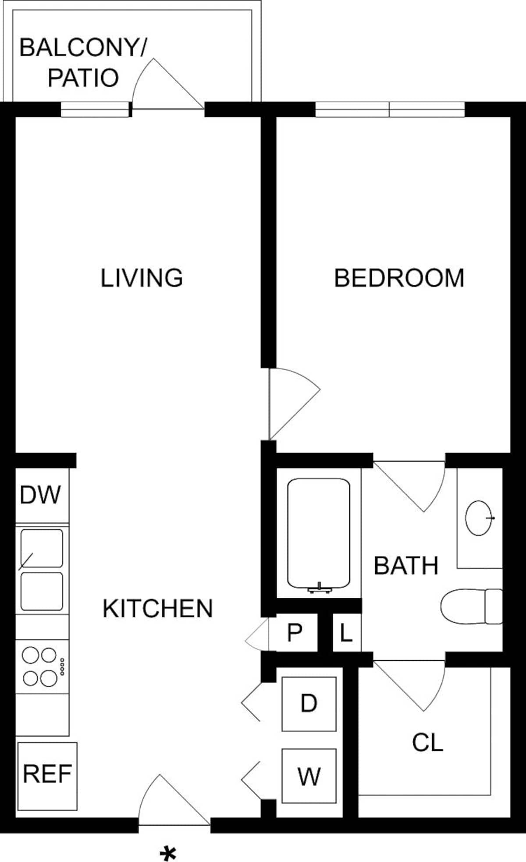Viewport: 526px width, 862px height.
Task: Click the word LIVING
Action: coord(142,278)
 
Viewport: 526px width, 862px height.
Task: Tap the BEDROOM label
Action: coord(399,278)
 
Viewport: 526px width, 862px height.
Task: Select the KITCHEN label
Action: coord(157,608)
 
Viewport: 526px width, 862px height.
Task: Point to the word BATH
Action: coord(406,565)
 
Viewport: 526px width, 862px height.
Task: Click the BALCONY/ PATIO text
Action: coord(83,62)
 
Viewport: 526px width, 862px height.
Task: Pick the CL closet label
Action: coord(427,742)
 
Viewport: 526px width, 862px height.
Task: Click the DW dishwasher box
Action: coord(42,495)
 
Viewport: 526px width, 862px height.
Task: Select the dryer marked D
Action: coord(309,704)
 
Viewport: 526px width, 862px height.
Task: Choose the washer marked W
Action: coord(309,776)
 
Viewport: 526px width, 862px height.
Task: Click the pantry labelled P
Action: coord(295,632)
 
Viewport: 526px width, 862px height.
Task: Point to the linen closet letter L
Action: coord(346,632)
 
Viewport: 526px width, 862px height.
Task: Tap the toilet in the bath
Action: coord(471,607)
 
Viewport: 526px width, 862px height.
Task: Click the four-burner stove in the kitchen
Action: coord(43,667)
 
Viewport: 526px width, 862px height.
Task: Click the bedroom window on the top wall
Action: coord(390,110)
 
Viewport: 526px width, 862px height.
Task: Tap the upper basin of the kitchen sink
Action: coord(42,548)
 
